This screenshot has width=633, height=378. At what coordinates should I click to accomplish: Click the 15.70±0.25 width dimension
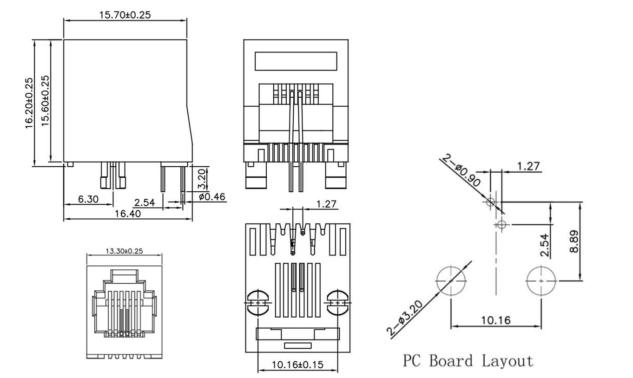click(x=125, y=15)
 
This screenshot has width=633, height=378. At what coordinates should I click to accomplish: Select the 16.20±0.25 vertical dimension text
click(x=29, y=103)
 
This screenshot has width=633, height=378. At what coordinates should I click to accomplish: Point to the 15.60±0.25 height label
click(x=45, y=101)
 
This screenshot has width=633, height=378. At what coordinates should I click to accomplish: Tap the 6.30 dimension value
click(x=88, y=199)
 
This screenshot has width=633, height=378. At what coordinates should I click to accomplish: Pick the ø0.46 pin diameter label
click(x=212, y=197)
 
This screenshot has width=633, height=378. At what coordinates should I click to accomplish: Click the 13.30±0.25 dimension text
click(x=124, y=251)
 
